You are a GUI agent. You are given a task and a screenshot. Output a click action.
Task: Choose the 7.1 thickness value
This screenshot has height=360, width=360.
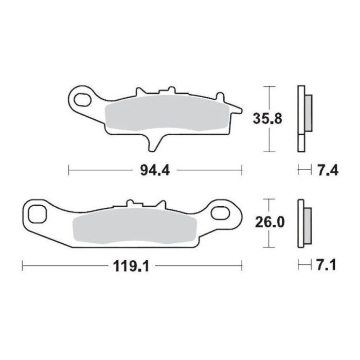[x=327, y=266]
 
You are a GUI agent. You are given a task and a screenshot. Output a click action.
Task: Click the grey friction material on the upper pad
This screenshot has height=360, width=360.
[x=165, y=113]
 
